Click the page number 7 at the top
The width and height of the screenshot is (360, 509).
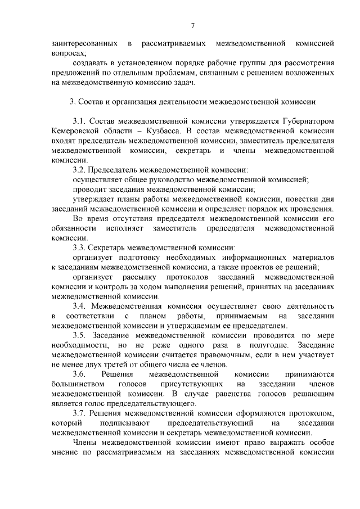(x=192, y=25)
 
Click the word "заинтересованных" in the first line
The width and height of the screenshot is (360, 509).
(x=84, y=43)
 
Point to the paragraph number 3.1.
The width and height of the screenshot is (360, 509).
(x=79, y=121)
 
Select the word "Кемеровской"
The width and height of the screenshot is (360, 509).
(x=75, y=131)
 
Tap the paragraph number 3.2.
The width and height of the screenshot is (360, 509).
(x=79, y=170)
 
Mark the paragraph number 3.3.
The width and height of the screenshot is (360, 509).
(x=79, y=248)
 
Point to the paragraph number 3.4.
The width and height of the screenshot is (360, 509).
(x=79, y=307)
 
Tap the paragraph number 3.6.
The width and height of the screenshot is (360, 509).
(x=79, y=374)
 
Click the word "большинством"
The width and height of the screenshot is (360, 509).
(x=77, y=384)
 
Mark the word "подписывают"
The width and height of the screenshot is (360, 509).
(x=122, y=423)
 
